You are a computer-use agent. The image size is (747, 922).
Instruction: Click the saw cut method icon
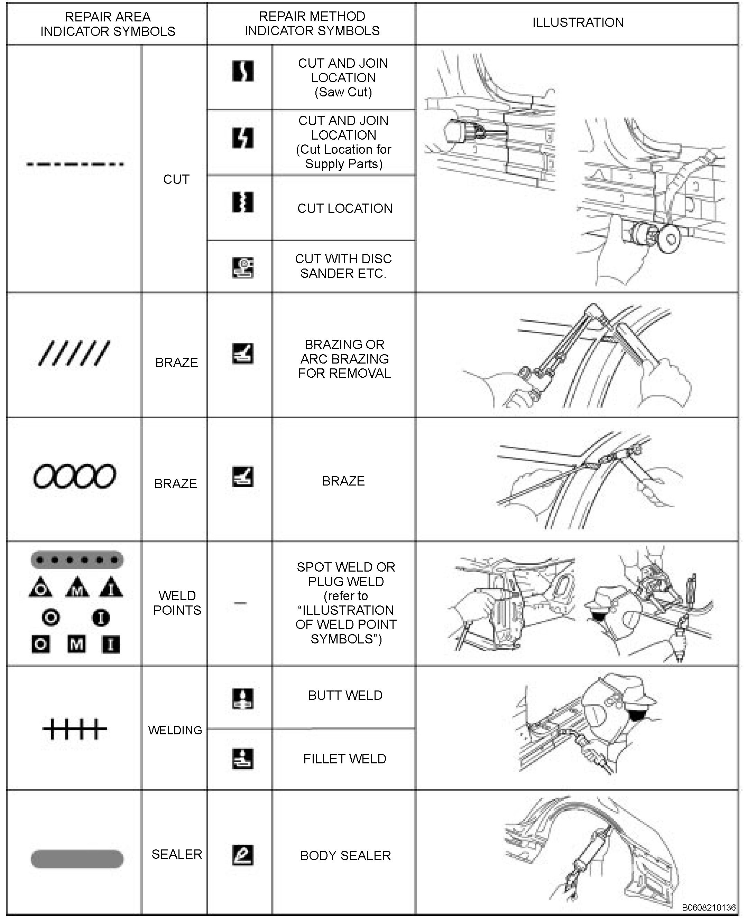click(x=243, y=71)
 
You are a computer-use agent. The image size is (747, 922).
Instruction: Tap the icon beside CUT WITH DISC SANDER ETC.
click(x=243, y=267)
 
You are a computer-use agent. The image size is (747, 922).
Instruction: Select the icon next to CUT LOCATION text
click(x=243, y=202)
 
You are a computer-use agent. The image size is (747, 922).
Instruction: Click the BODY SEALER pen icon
click(x=243, y=855)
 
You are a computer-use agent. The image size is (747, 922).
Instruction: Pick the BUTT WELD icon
click(x=243, y=699)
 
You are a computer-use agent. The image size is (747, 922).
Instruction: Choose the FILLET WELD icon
click(x=243, y=759)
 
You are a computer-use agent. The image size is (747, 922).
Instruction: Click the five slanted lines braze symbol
click(x=74, y=354)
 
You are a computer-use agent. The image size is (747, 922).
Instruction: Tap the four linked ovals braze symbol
click(x=74, y=476)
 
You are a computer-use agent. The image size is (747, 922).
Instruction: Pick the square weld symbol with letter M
click(x=76, y=644)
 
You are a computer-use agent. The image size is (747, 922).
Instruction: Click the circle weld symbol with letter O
click(x=51, y=618)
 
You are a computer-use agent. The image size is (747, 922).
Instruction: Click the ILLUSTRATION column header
click(x=578, y=23)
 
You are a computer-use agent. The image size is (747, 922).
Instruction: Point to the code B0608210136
click(x=708, y=908)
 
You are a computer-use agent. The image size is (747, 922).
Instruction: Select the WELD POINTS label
click(x=177, y=603)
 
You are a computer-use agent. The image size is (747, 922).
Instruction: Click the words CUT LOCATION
click(x=345, y=209)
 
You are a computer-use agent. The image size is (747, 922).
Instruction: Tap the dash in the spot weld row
click(x=240, y=603)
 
